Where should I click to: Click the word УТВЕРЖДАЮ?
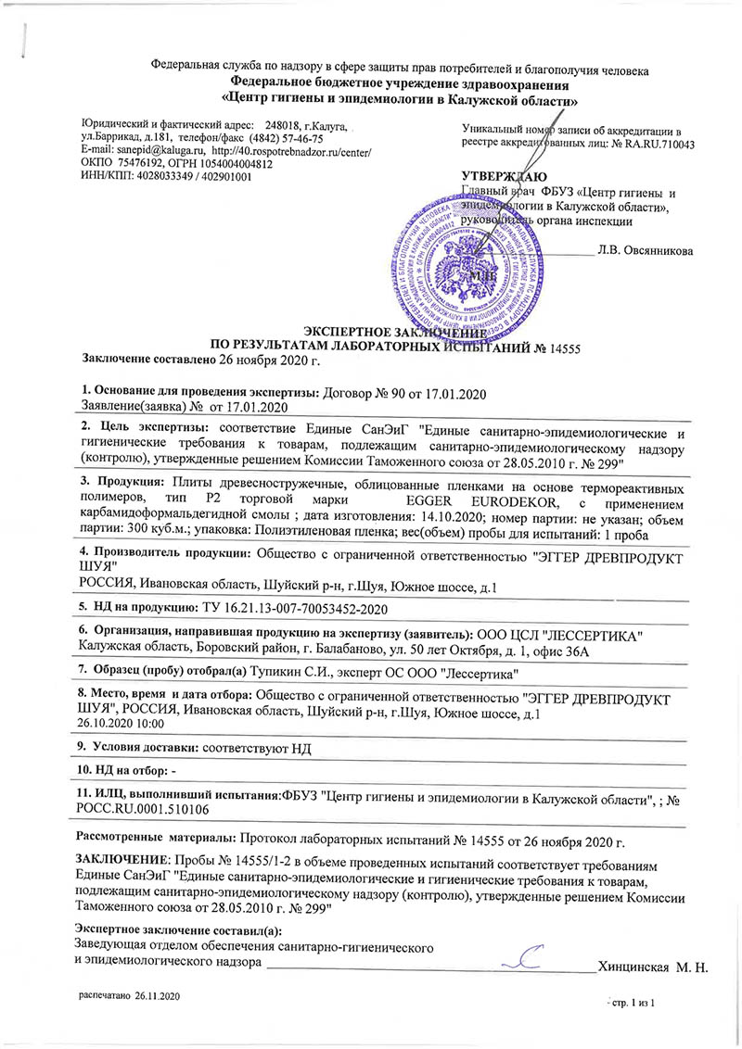504,177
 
